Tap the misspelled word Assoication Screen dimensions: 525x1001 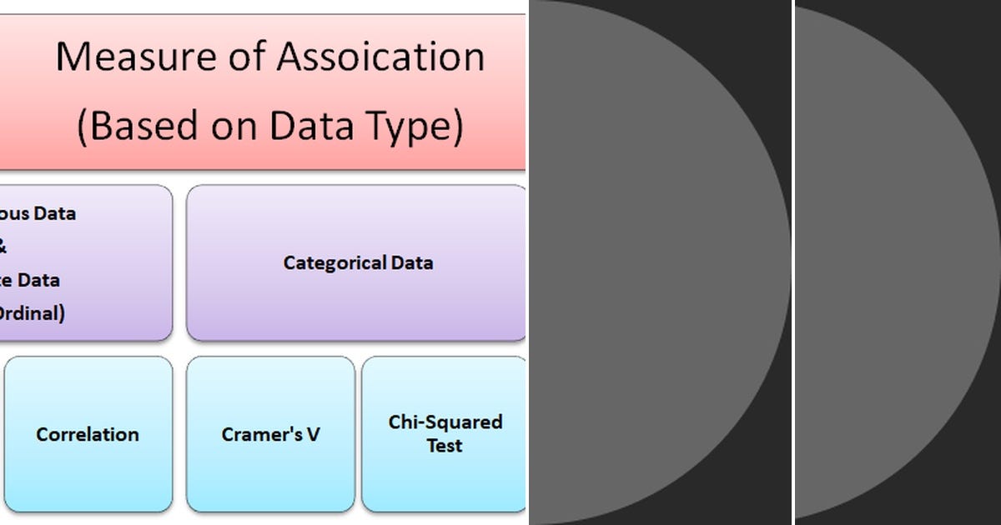(380, 57)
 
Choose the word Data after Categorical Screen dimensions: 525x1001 (412, 262)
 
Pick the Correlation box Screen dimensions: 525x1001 (88, 434)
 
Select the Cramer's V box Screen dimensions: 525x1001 (270, 434)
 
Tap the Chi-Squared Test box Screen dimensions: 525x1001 (444, 434)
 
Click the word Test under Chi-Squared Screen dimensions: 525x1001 (445, 446)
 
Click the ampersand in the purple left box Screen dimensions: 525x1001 (3, 247)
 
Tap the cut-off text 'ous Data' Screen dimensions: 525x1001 (37, 213)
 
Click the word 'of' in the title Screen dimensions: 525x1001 (248, 57)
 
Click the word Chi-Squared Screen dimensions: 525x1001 (445, 422)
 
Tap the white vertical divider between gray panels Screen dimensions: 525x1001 (793, 262)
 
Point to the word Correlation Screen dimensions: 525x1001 (88, 434)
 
